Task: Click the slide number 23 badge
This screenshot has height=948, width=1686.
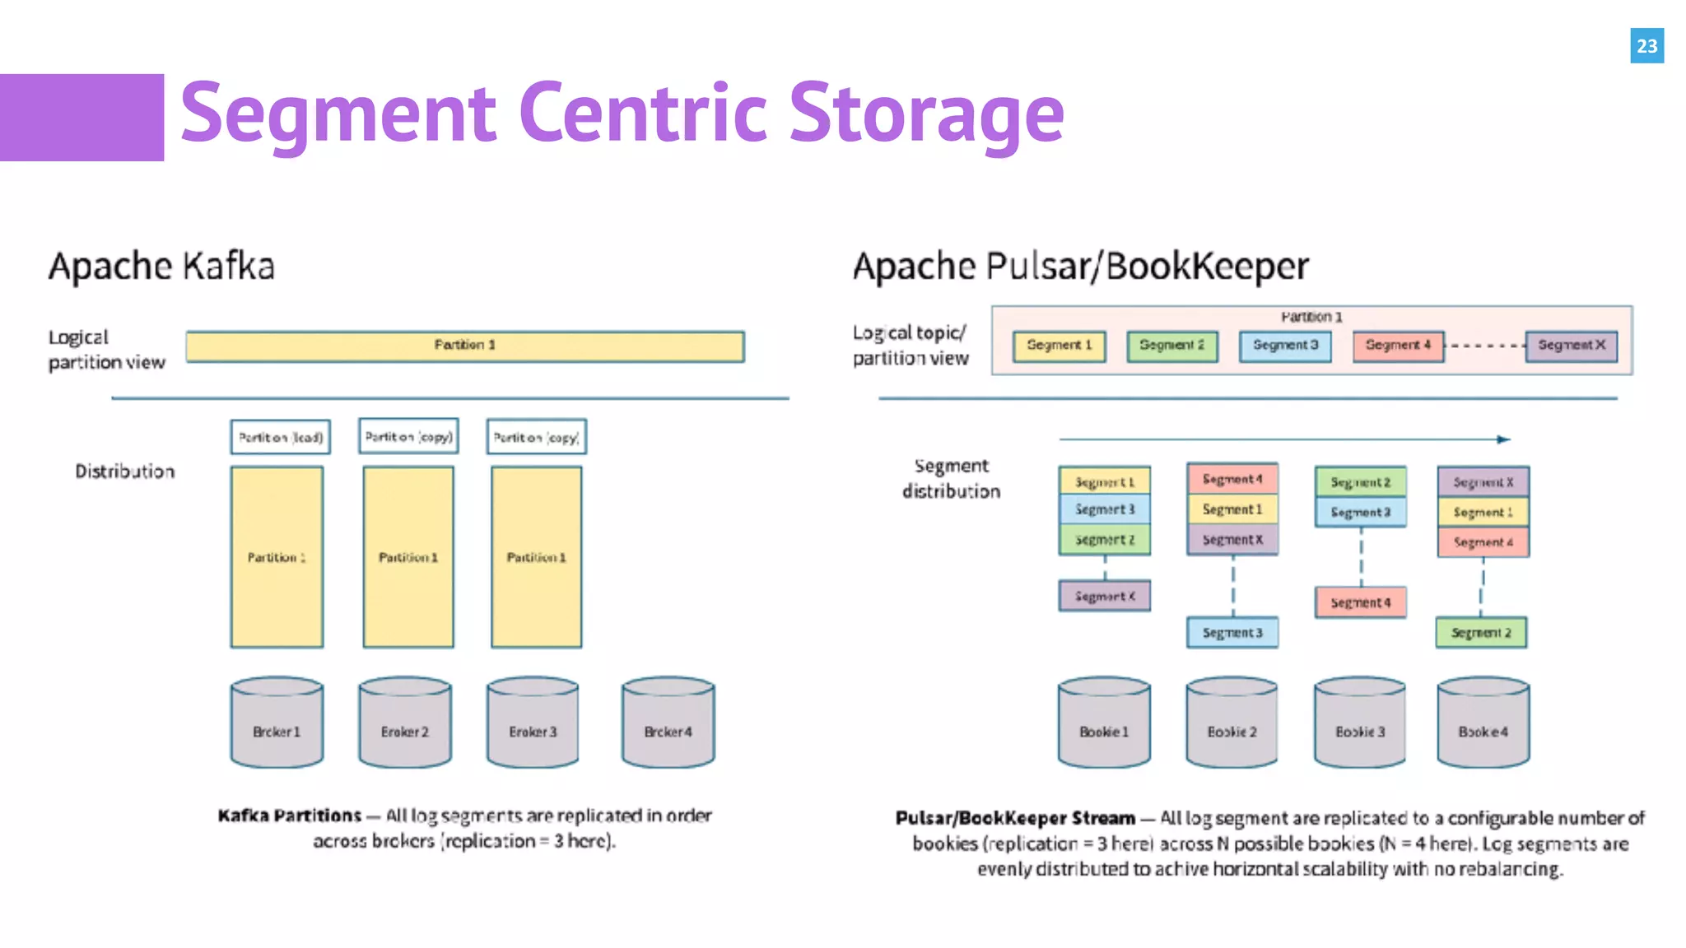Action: (1646, 46)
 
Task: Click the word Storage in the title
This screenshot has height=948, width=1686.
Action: (926, 114)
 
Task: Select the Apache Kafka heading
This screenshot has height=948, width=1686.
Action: (161, 267)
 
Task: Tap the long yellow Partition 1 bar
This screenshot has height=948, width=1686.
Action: (465, 346)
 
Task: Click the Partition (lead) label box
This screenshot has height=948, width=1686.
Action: (281, 437)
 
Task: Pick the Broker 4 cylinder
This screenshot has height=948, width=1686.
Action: (668, 723)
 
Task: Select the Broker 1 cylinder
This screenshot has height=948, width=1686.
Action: (277, 723)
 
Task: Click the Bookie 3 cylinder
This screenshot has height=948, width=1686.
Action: (1360, 723)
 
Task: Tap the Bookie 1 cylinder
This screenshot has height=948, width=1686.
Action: (1104, 723)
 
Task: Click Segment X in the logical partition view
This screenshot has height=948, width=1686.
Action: (1571, 346)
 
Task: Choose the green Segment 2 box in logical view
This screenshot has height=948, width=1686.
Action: (1171, 346)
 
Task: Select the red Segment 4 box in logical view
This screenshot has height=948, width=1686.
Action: (1398, 346)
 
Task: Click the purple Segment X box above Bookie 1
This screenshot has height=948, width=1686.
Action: (1104, 596)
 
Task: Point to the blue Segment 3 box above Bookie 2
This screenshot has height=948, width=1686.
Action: (1232, 632)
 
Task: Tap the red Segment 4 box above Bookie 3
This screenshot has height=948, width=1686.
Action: (1360, 602)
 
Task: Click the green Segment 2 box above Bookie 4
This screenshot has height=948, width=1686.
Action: (1481, 632)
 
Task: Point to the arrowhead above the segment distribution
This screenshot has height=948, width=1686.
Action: (1503, 439)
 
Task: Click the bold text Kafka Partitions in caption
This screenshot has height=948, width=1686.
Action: (289, 816)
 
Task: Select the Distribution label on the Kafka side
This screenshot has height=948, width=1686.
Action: (125, 472)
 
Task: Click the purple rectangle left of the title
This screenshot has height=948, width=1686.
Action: (82, 117)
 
